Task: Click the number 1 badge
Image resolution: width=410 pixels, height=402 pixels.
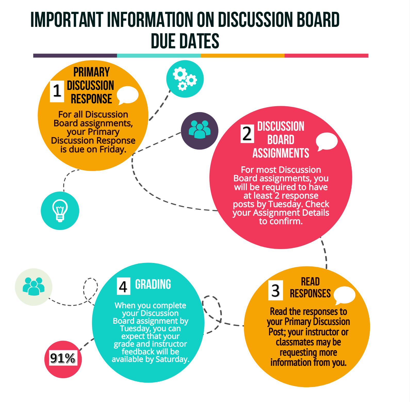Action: (x=57, y=91)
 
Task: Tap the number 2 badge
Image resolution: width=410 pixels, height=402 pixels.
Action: (x=247, y=134)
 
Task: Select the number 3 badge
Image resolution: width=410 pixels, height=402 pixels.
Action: (x=275, y=290)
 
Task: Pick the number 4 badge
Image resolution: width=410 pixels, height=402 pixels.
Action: (x=123, y=286)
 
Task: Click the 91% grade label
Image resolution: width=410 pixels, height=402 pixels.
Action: (x=63, y=358)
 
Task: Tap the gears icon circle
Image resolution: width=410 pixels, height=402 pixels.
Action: (x=185, y=79)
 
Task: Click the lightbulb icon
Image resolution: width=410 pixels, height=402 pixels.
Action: (x=60, y=211)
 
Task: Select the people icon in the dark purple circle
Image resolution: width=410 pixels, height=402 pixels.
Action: (x=200, y=130)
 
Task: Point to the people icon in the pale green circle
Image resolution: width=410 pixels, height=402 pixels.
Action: (x=34, y=287)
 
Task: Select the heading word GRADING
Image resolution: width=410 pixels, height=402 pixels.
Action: (x=153, y=284)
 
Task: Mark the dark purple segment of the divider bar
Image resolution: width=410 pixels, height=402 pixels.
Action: (x=75, y=56)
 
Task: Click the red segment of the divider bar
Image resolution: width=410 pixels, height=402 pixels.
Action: (x=326, y=56)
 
